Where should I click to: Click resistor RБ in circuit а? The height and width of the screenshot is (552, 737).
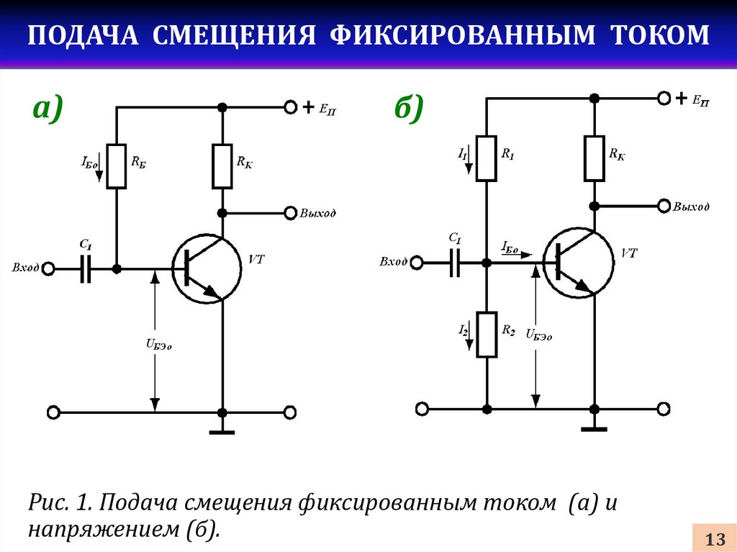point(116,166)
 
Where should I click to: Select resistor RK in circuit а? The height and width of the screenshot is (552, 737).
point(222,166)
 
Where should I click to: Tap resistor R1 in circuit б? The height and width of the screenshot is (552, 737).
point(487,158)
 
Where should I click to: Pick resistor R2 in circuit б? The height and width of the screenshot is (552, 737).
point(487,335)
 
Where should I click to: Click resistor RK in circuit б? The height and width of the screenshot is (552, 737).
point(594,158)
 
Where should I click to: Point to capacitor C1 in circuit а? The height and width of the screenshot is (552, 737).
point(85,269)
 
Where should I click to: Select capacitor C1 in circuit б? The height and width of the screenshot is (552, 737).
point(454,263)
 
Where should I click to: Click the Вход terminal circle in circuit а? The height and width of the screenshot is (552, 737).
point(48,269)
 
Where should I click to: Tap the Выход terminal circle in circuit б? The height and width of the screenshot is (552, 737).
point(664,206)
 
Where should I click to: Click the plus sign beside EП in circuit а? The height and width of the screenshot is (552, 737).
point(308,107)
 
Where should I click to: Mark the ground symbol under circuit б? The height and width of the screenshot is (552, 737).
point(594,429)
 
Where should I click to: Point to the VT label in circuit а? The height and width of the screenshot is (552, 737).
point(256,259)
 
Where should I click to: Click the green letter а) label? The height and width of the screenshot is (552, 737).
point(48,108)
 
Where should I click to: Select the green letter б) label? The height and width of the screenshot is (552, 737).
point(410,108)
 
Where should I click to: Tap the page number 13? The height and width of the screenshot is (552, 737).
point(715,539)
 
